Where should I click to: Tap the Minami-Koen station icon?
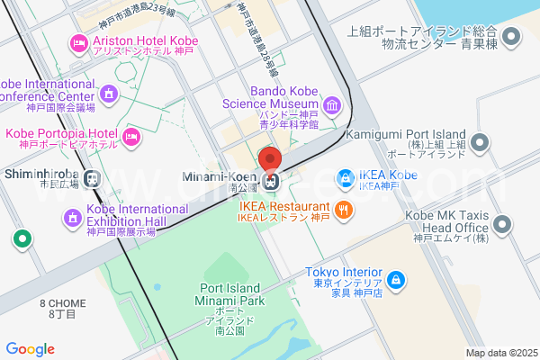tap(270, 179)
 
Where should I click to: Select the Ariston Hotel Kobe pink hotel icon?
tap(78, 42)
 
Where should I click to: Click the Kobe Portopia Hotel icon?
tap(131, 138)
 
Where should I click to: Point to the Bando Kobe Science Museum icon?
tap(333, 107)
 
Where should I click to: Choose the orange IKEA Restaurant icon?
tap(343, 211)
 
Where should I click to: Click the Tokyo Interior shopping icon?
tap(397, 283)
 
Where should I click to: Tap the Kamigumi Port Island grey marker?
tap(480, 142)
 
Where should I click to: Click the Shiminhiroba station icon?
tap(91, 178)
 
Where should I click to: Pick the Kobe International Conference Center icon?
tap(110, 93)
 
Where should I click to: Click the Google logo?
tap(30, 349)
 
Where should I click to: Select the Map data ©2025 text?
tap(500, 353)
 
